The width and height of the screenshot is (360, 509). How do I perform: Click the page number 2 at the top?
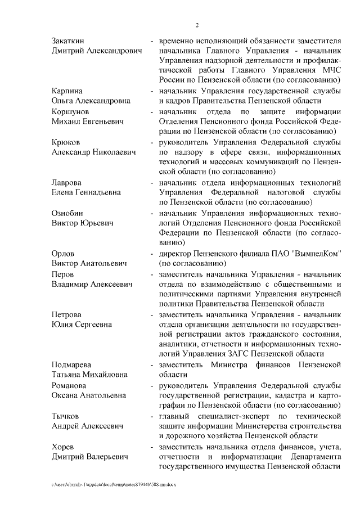[197, 24]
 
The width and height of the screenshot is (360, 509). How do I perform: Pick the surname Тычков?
[65, 416]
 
